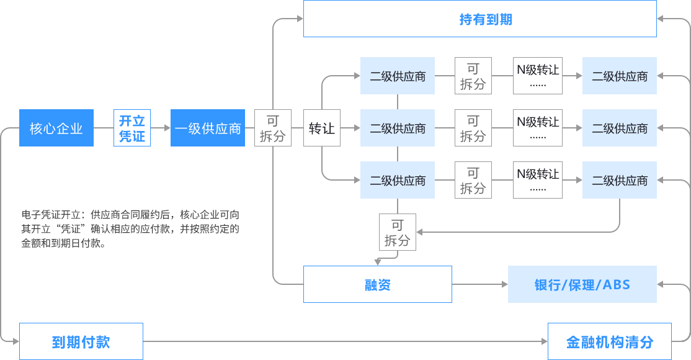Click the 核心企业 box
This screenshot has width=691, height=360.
click(x=56, y=128)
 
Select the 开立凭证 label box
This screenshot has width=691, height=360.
click(x=132, y=128)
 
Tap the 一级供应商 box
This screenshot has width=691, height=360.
click(x=208, y=128)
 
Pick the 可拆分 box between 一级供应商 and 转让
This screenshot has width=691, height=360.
click(x=272, y=128)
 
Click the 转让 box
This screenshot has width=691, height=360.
click(x=322, y=128)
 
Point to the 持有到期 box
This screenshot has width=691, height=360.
click(x=479, y=19)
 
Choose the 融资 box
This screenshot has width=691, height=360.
click(x=377, y=284)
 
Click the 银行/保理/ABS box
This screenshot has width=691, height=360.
click(x=582, y=284)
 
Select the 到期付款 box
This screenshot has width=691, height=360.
click(x=81, y=341)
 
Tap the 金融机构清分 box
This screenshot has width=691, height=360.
click(x=609, y=341)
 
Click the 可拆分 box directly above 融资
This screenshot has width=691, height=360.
click(x=398, y=232)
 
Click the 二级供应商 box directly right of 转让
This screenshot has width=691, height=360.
click(x=398, y=128)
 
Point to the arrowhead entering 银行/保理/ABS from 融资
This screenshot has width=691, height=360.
click(x=504, y=284)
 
